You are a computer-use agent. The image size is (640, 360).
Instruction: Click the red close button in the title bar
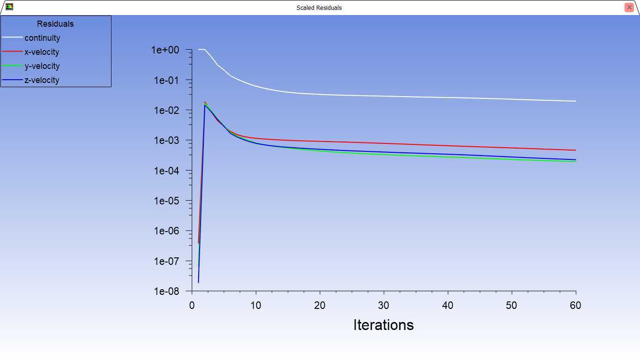coord(629,7)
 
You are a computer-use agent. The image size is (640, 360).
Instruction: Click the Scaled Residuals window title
coord(319,7)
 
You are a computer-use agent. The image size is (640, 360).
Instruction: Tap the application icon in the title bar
coord(9,7)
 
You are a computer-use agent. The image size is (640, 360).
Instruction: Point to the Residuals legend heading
coord(55,24)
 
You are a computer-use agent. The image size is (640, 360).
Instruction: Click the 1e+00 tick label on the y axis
coord(165,50)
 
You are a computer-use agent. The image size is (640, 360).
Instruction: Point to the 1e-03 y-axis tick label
coord(167,141)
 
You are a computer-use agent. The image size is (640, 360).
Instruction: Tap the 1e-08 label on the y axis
coord(167,292)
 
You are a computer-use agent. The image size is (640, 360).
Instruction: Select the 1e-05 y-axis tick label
coord(167,201)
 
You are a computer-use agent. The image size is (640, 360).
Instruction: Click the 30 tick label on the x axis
coord(383,305)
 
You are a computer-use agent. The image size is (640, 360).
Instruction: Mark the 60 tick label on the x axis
coord(575,305)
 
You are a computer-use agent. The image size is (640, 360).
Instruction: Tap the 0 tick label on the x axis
coord(192,305)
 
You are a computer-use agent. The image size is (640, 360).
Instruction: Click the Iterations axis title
coord(383,325)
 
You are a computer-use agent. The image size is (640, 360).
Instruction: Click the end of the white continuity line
coord(576,101)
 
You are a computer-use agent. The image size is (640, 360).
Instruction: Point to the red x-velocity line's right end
coord(576,150)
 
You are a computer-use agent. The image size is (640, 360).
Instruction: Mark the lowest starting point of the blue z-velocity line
coord(198,283)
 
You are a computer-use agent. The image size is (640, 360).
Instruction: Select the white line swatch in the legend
coord(12,37)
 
